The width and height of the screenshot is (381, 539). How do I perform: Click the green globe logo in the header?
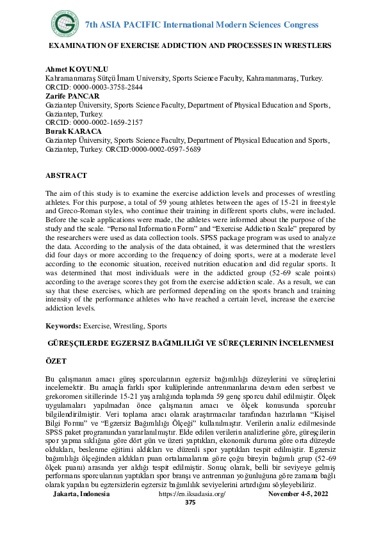pos(63,24)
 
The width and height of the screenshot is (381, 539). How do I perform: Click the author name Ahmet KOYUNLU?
pos(72,69)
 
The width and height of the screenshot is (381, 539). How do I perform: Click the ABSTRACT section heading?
pos(66,175)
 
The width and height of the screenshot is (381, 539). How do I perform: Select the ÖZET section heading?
pos(57,361)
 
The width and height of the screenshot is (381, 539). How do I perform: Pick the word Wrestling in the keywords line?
pos(130,326)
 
